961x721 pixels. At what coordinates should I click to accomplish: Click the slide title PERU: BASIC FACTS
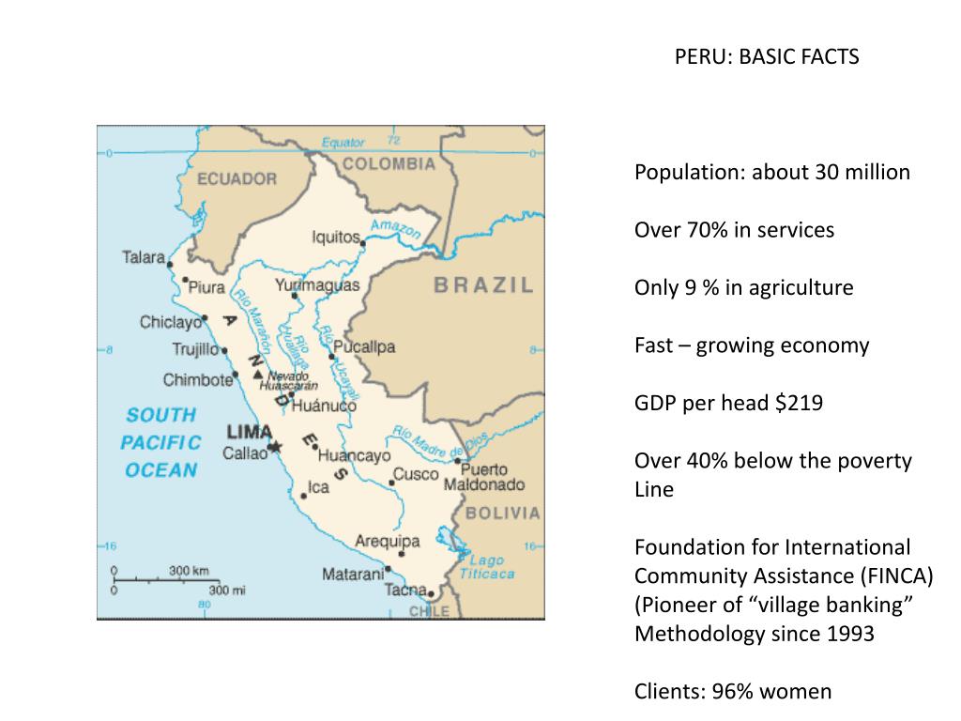click(x=767, y=57)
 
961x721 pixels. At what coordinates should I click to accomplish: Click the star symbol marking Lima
click(x=275, y=447)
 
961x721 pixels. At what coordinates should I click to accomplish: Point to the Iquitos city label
click(x=335, y=238)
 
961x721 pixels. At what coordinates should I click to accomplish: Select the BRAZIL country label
click(x=483, y=285)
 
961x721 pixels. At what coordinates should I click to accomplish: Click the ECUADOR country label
click(x=236, y=178)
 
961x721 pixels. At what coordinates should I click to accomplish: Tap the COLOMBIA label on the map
click(x=389, y=164)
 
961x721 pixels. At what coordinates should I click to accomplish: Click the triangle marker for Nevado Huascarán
click(x=258, y=376)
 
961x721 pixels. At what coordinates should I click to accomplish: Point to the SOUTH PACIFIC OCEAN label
click(x=162, y=442)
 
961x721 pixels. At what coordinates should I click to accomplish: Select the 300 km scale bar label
click(x=189, y=570)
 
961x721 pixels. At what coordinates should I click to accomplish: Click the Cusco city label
click(x=415, y=474)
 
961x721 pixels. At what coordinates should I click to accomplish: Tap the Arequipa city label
click(x=387, y=541)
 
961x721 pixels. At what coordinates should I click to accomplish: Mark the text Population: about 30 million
click(x=772, y=173)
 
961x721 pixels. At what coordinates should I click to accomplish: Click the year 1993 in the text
click(x=847, y=634)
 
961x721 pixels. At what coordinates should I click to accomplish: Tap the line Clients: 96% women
click(x=733, y=692)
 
